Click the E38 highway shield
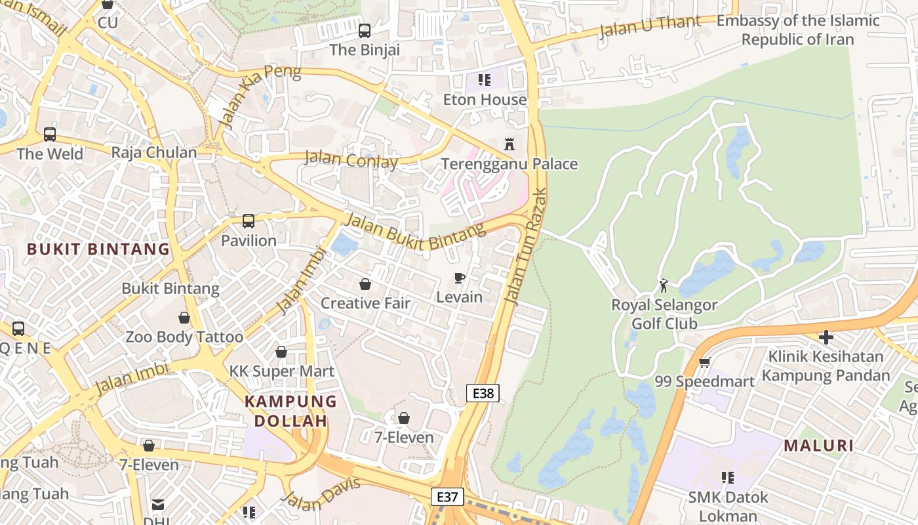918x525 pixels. [x=483, y=393]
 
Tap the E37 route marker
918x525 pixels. [x=447, y=497]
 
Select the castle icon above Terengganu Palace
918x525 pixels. [x=509, y=144]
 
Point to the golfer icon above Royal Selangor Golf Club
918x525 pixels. [x=664, y=285]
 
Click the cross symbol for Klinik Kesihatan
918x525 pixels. [x=826, y=337]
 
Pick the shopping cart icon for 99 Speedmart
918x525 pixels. [x=705, y=362]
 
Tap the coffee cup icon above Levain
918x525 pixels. [x=460, y=278]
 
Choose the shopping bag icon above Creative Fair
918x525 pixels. [x=365, y=284]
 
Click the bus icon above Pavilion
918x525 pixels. [x=249, y=221]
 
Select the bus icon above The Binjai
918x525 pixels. [x=365, y=30]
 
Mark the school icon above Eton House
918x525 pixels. [x=485, y=80]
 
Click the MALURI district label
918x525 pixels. [x=819, y=446]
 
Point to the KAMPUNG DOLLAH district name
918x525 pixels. [x=290, y=411]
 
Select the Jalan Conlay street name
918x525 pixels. [x=351, y=159]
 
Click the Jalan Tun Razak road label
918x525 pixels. [x=526, y=246]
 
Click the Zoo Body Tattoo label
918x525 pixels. [x=184, y=337]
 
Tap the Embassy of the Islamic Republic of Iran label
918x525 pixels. [x=797, y=30]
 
